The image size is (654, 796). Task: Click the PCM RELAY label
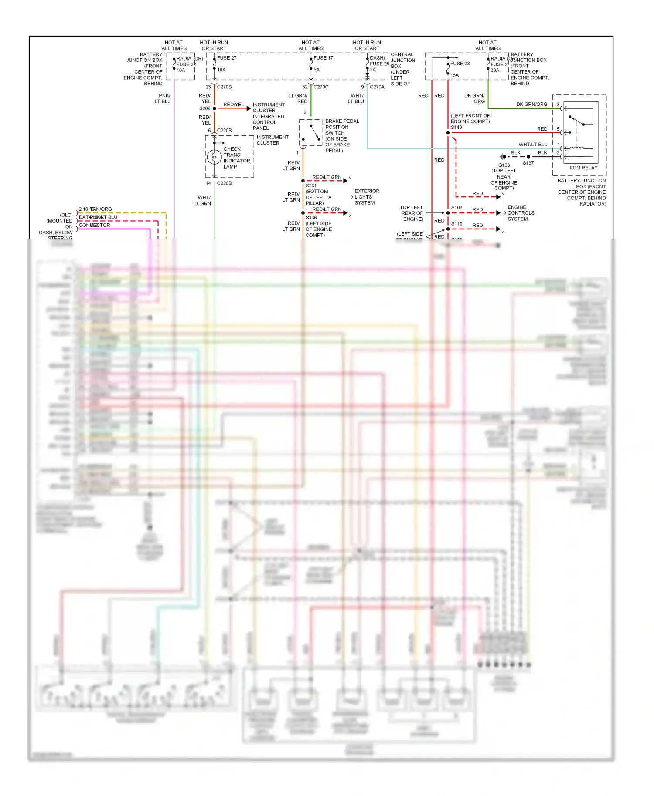pyautogui.click(x=583, y=168)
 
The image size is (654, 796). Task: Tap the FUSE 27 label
pyautogui.click(x=227, y=58)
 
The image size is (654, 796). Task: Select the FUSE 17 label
pyautogui.click(x=323, y=58)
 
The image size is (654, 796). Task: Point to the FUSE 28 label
pyautogui.click(x=460, y=64)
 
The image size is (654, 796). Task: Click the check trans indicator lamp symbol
pyautogui.click(x=214, y=157)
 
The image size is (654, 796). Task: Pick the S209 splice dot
pyautogui.click(x=215, y=108)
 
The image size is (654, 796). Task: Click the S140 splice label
pyautogui.click(x=456, y=127)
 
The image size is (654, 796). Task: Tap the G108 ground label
pyautogui.click(x=504, y=165)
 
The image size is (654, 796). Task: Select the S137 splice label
pyautogui.click(x=528, y=163)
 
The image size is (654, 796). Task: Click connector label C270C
pyautogui.click(x=321, y=87)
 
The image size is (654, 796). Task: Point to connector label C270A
pyautogui.click(x=377, y=87)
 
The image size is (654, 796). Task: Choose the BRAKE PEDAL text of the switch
pyautogui.click(x=342, y=121)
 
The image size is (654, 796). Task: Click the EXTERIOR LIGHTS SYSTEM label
pyautogui.click(x=367, y=197)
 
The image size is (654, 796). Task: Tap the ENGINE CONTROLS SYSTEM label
pyautogui.click(x=521, y=213)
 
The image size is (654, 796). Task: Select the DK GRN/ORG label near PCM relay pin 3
pyautogui.click(x=531, y=105)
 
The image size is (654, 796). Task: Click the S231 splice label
pyautogui.click(x=311, y=186)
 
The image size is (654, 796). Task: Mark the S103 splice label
pyautogui.click(x=456, y=208)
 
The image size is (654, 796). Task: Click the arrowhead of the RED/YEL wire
pyautogui.click(x=249, y=108)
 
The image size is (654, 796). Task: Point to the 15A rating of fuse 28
pyautogui.click(x=454, y=75)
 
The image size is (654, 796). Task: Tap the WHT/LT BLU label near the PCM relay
pyautogui.click(x=533, y=145)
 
